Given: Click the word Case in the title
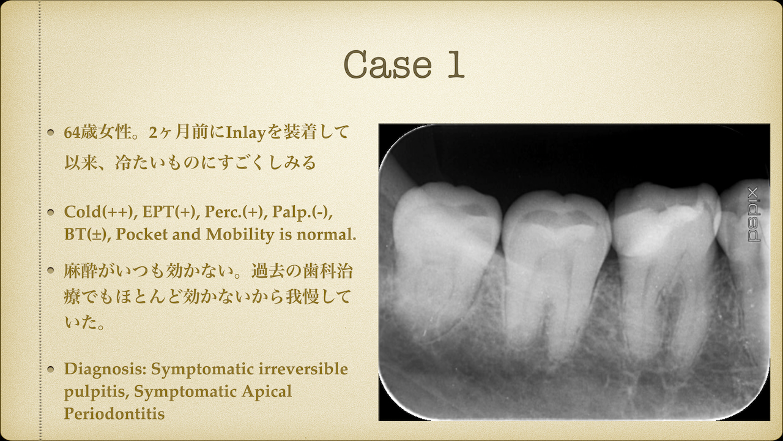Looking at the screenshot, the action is point(388,64).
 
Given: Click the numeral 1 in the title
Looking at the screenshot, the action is point(456,63).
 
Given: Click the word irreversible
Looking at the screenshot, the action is point(303,369).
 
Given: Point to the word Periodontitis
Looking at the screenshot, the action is point(114,413).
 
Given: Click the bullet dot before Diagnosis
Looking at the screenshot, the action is point(51,369).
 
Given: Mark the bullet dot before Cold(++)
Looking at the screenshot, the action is point(51,212).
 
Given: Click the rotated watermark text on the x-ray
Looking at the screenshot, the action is point(753,214).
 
